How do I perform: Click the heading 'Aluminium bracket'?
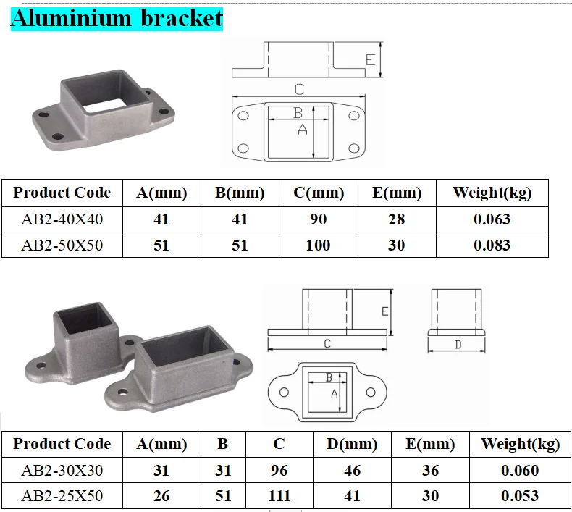pos(117,17)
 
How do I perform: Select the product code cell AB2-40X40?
pos(62,219)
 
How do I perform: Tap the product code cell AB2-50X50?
pos(62,245)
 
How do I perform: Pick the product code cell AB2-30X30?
pos(62,471)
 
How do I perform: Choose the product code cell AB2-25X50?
pos(62,496)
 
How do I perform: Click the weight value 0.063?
pos(492,219)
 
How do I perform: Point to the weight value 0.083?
pos(492,245)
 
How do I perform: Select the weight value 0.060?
pos(519,471)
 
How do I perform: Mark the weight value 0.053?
pos(519,496)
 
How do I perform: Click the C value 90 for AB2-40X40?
pos(318,219)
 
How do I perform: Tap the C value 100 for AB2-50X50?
pos(318,245)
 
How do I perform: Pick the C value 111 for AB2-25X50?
pos(279,496)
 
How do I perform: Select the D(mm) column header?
pos(352,444)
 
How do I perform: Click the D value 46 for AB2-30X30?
pos(352,471)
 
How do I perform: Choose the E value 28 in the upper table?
pos(396,219)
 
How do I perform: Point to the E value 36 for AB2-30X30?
pos(430,471)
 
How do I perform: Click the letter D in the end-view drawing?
pos(458,345)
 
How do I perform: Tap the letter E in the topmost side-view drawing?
pos(370,59)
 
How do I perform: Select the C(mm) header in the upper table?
pos(318,193)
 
